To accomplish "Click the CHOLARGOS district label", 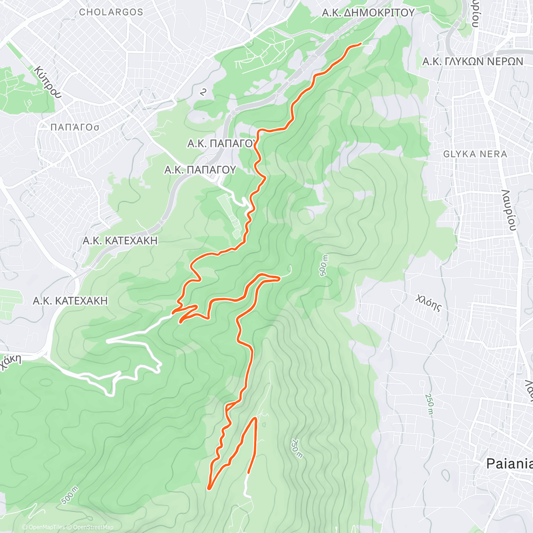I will pos(111,12).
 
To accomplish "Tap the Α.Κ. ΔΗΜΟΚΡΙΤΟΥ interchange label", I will pos(368,13).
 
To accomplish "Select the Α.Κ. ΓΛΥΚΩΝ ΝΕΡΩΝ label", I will pos(473,61).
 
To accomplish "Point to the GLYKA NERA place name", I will pos(475,154).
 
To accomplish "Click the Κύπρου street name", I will pos(47,82).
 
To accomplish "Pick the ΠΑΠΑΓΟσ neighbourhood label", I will pos(75,127).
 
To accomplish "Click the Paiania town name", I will pos(509,464).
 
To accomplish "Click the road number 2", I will pos(203,92).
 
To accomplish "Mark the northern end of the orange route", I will pos(360,44).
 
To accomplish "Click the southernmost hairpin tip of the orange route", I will pos(209,489).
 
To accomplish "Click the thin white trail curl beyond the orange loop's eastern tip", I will pos(290,269).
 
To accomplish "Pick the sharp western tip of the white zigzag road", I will pos(108,341).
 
